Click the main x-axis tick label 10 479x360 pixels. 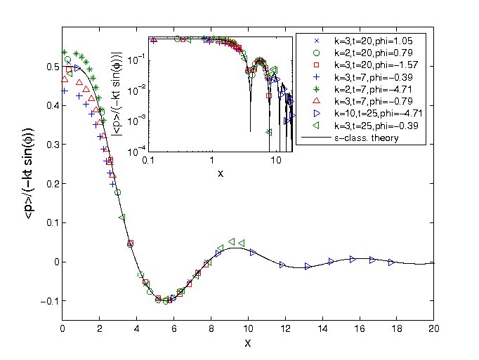pyautogui.click(x=249, y=328)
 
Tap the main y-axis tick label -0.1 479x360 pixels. pyautogui.click(x=47, y=301)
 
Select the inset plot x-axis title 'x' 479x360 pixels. pyautogui.click(x=221, y=173)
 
